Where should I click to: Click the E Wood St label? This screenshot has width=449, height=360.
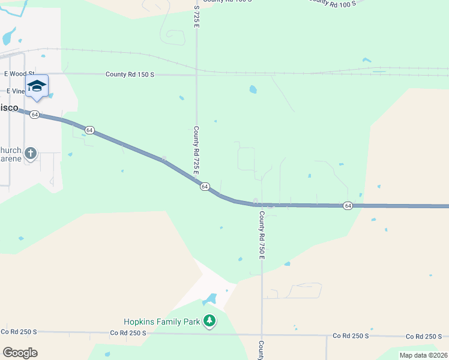16,74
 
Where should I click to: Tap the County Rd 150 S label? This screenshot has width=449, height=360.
130,74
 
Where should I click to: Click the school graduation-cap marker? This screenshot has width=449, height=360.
37,86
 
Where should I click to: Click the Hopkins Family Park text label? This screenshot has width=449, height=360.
161,322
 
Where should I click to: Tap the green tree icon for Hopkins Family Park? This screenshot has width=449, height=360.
209,322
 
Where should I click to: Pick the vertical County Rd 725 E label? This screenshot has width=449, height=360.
196,150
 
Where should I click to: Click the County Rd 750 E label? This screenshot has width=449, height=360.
262,235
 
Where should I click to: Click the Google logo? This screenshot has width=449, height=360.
20,352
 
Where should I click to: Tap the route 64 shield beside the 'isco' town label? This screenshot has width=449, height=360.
35,114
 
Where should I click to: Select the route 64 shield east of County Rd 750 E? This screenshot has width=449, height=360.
348,206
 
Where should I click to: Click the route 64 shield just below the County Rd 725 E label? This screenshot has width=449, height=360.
205,187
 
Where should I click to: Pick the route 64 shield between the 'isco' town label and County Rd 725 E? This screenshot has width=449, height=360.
89,130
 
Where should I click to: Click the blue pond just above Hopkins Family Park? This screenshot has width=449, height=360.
209,299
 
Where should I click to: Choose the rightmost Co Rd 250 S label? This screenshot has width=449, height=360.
424,337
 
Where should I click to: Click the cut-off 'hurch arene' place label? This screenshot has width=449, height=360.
11,155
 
